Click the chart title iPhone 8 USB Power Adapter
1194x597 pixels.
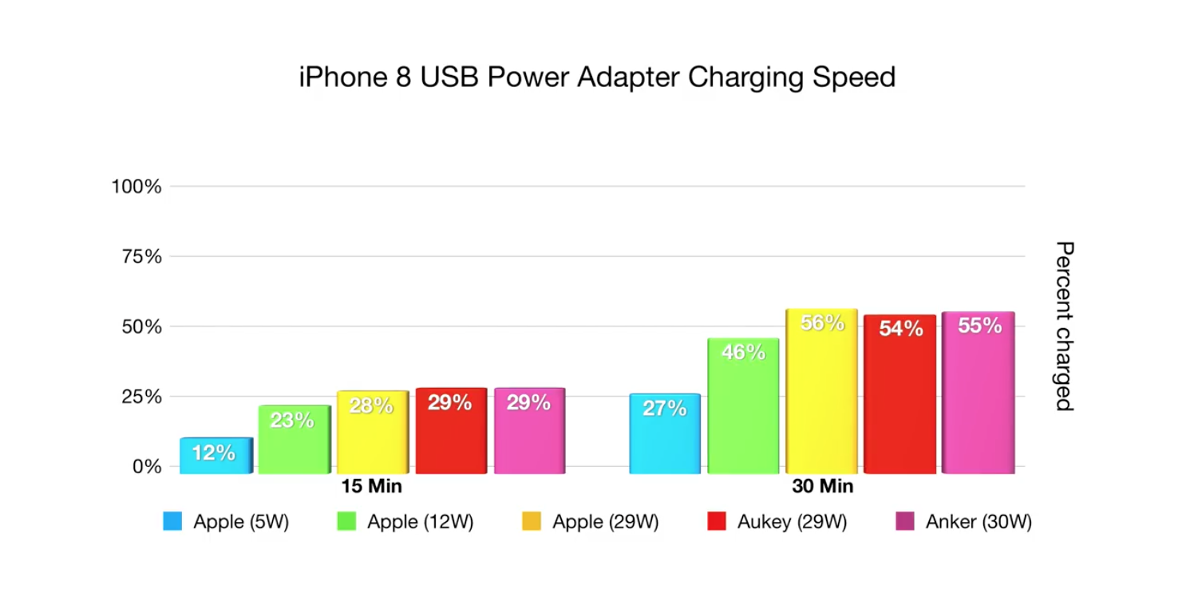coord(597,77)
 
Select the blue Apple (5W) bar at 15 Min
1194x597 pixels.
coord(215,455)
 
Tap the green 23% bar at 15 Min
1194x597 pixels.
coord(294,439)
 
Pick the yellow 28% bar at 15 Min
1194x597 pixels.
coord(372,432)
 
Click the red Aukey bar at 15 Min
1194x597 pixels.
coord(451,431)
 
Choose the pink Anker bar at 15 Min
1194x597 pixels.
coord(529,431)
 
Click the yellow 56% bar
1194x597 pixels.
coord(821,391)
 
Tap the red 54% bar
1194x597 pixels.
coord(900,394)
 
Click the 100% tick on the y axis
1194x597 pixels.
coord(136,187)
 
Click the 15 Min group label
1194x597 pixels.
coord(372,486)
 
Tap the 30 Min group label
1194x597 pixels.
coord(822,486)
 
